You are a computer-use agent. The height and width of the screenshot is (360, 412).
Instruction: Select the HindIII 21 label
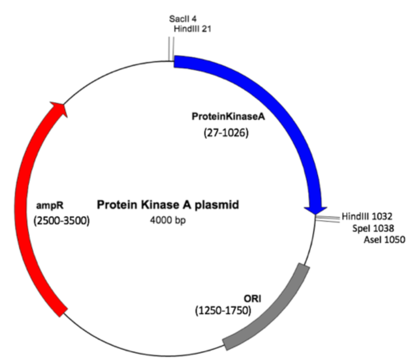[192, 29]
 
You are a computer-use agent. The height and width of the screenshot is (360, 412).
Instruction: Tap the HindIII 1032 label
[364, 216]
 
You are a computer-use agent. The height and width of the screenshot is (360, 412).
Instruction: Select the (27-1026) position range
[226, 132]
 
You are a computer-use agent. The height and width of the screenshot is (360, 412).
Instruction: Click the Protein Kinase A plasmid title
[168, 205]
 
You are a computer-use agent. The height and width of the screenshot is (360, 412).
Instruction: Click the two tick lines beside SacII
[171, 48]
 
